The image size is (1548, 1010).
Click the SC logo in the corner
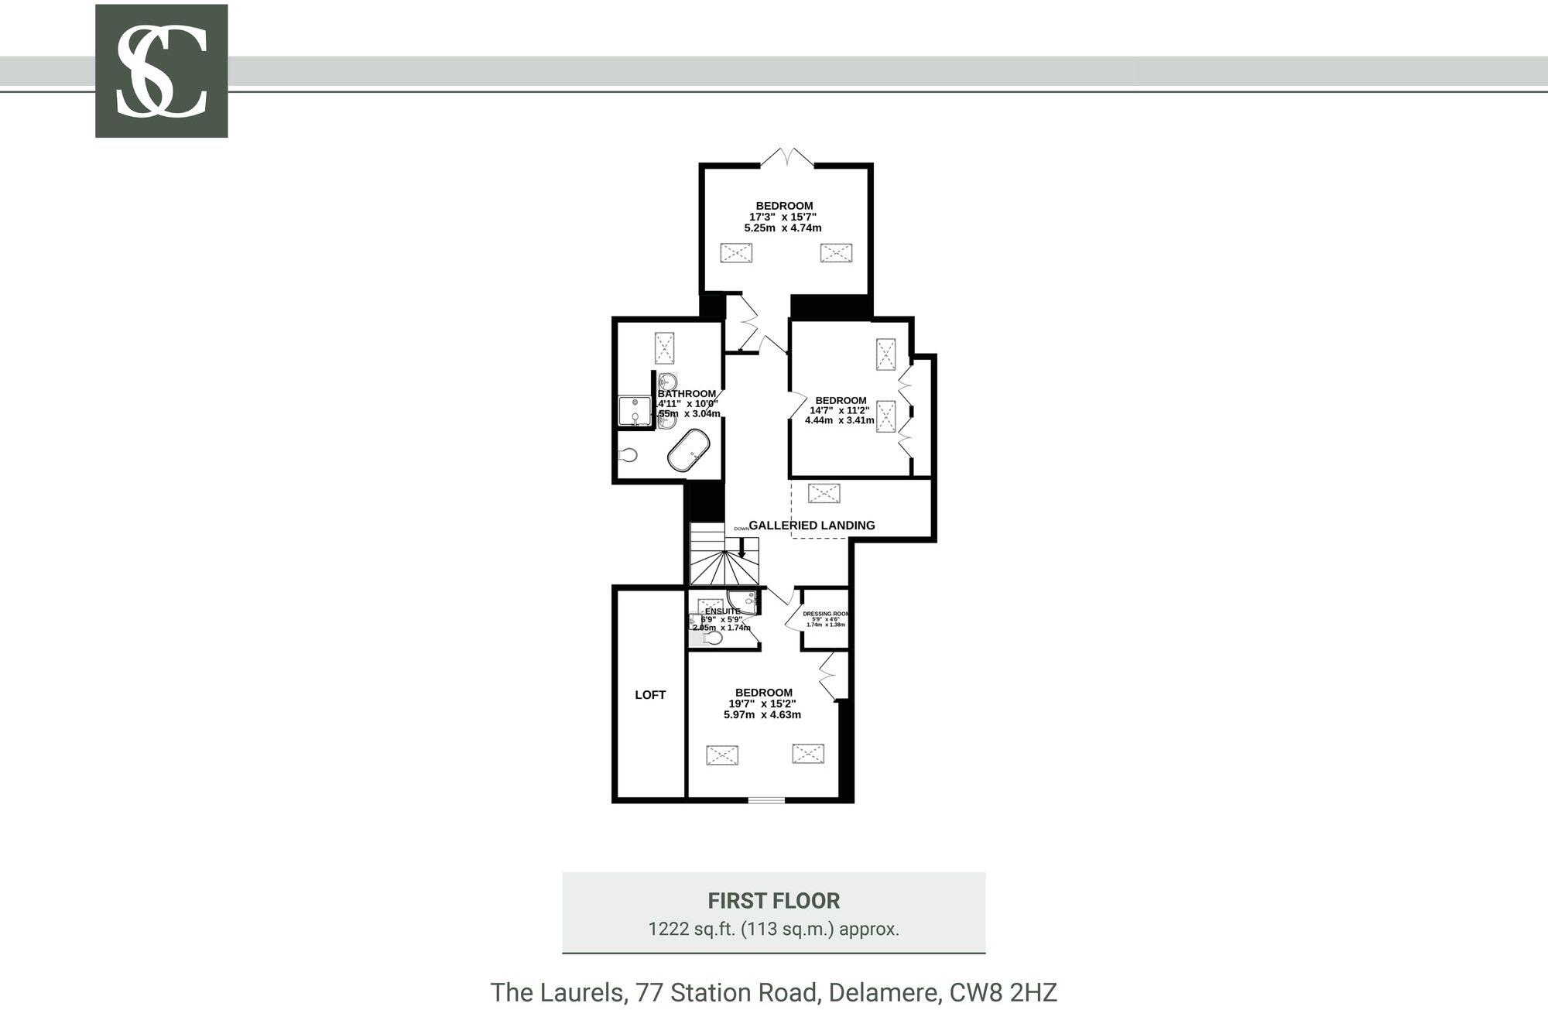click(x=161, y=71)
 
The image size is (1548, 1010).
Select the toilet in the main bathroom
click(x=628, y=455)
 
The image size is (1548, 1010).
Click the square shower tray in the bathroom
click(x=635, y=411)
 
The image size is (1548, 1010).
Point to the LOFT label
click(x=650, y=695)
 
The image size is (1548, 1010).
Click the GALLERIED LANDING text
click(x=811, y=526)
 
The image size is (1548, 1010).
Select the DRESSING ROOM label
click(x=825, y=614)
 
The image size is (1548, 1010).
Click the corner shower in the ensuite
click(x=742, y=600)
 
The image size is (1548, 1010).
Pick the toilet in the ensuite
click(x=713, y=637)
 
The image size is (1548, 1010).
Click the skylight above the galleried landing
click(x=824, y=493)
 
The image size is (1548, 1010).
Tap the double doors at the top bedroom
click(x=787, y=157)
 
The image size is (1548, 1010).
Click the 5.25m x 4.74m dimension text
click(x=783, y=228)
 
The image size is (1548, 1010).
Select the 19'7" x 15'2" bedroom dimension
click(x=762, y=704)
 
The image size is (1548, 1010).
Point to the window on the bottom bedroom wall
click(x=766, y=800)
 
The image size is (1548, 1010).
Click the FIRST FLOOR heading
click(x=773, y=901)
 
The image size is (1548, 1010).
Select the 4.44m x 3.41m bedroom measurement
click(x=839, y=421)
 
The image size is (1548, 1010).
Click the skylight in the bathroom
click(x=665, y=348)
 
